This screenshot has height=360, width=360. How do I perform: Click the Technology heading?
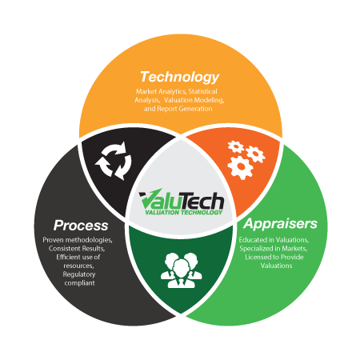pyautogui.click(x=180, y=78)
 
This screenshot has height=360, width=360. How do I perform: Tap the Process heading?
pyautogui.click(x=81, y=226)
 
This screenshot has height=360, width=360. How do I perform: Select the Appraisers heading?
pyautogui.click(x=280, y=224)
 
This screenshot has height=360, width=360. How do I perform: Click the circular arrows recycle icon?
pyautogui.click(x=113, y=161)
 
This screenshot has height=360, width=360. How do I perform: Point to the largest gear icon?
pyautogui.click(x=240, y=167)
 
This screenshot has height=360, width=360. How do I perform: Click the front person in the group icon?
pyautogui.click(x=182, y=274)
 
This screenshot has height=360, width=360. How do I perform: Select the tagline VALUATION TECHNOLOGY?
pyautogui.click(x=183, y=212)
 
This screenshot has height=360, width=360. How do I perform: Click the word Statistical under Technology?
pyautogui.click(x=202, y=91)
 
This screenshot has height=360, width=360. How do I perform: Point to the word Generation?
pyautogui.click(x=195, y=109)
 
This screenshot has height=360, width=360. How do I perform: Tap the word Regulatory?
pyautogui.click(x=79, y=274)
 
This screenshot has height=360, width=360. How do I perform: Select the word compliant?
pyautogui.click(x=79, y=283)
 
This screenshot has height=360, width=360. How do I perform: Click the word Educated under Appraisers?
pyautogui.click(x=254, y=240)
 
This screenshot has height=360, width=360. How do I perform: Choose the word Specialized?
pyautogui.click(x=256, y=249)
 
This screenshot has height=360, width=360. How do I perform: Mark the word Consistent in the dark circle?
pyautogui.click(x=65, y=249)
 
